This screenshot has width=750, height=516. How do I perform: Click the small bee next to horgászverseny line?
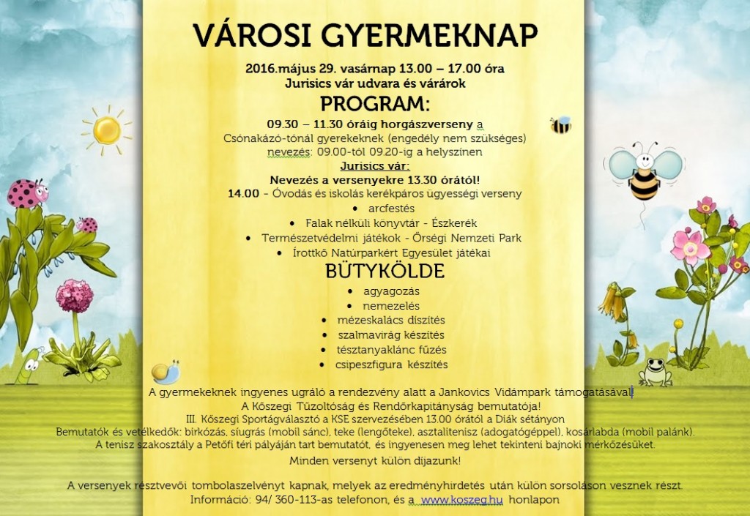(x=560, y=124)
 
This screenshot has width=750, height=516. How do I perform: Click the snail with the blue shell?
(x=166, y=372)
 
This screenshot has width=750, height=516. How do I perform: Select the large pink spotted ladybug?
(x=27, y=192)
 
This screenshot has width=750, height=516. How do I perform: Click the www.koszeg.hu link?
(x=450, y=500)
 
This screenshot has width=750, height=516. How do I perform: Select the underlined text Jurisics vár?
(x=374, y=165)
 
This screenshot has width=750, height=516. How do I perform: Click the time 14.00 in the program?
(x=243, y=194)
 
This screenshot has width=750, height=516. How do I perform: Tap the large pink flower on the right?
(x=691, y=246)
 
